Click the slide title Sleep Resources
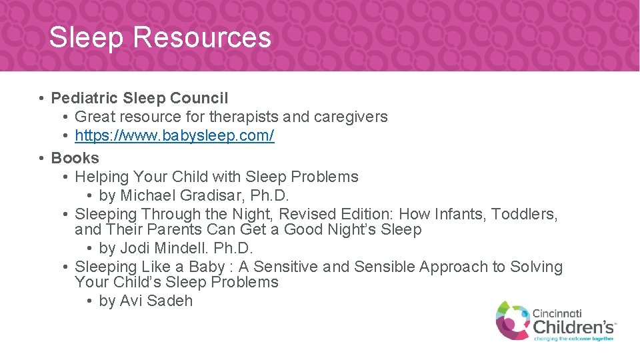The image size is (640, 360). tap(160, 37)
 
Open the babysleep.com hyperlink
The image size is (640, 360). tap(174, 136)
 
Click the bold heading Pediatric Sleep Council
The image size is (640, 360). tap(139, 98)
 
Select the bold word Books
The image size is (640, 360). tap(75, 158)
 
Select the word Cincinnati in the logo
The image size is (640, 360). tap(557, 312)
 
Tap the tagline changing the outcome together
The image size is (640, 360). tap(573, 339)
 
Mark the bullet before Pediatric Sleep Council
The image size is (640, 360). tap(41, 99)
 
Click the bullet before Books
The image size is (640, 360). tap(41, 159)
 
